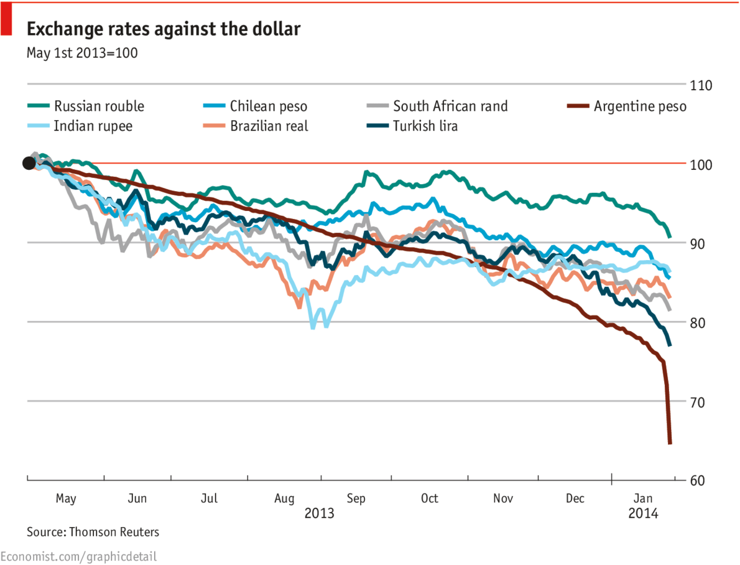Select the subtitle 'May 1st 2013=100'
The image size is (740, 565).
82,53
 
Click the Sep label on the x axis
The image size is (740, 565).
356,498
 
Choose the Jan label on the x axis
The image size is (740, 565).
643,498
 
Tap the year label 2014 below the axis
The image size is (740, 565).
643,514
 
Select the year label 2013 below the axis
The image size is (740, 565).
319,514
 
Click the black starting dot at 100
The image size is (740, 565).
29,164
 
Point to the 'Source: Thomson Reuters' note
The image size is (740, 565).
93,532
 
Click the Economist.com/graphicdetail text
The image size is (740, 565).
78,556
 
